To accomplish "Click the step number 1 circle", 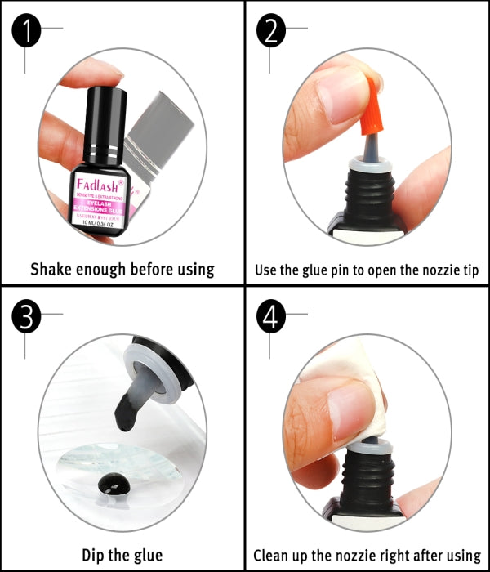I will (x=29, y=33).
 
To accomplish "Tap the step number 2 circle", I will (x=273, y=33).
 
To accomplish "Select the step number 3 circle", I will (x=29, y=318).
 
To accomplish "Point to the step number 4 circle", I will (x=273, y=318).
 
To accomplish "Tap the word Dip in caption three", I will (x=93, y=555).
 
